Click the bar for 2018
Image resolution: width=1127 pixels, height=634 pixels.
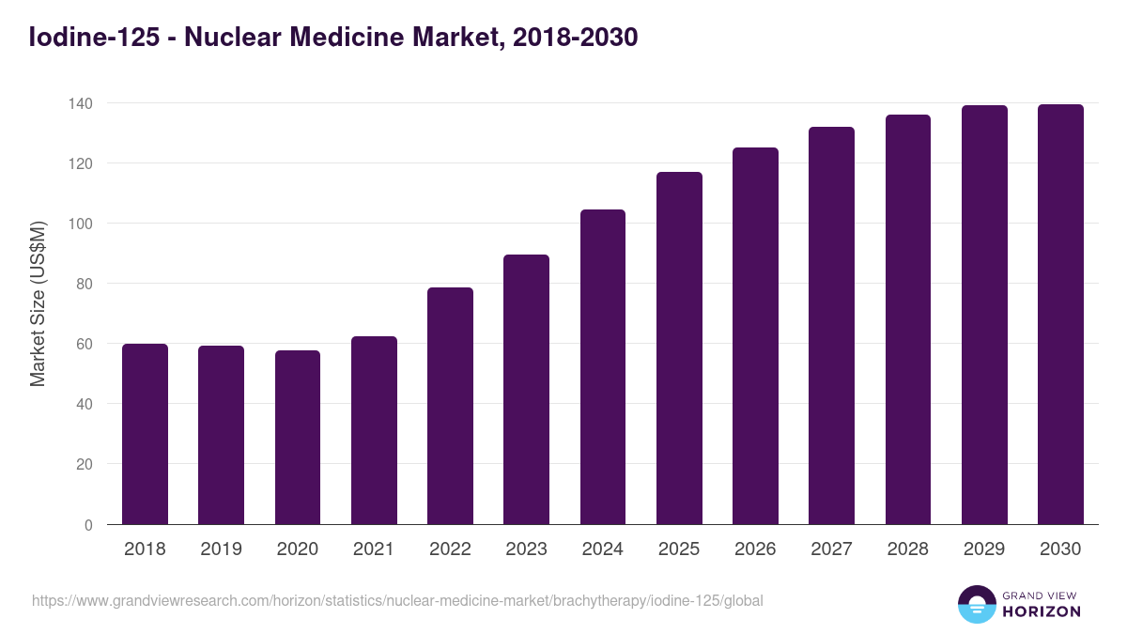(x=145, y=434)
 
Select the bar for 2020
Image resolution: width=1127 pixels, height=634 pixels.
(x=298, y=438)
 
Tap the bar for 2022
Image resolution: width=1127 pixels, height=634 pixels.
(x=450, y=406)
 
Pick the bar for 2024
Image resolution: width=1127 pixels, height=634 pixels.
(x=603, y=367)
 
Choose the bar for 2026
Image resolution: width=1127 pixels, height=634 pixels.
(x=755, y=336)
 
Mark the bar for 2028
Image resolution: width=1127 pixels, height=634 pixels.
(x=908, y=319)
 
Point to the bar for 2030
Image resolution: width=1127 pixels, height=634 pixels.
(x=1060, y=315)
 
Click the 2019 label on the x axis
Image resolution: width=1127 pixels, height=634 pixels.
(x=221, y=549)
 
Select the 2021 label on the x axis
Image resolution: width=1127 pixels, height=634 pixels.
(x=374, y=549)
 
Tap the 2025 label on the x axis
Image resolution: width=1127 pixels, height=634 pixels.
(x=679, y=549)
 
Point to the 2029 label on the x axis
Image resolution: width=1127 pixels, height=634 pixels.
(x=984, y=549)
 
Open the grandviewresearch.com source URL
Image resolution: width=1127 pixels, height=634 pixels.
(x=397, y=600)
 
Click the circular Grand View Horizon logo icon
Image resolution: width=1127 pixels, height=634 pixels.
(x=976, y=604)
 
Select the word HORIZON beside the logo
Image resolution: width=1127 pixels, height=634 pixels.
(x=1041, y=611)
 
